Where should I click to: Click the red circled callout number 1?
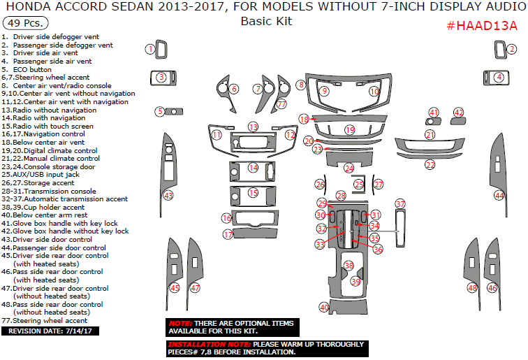(149, 49)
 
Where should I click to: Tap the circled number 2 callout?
(512, 49)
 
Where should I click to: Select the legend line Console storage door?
(59, 166)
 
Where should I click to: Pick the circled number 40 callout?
(324, 307)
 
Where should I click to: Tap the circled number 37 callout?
(400, 203)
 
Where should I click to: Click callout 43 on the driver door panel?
(168, 195)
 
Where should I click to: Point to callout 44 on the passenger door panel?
(499, 196)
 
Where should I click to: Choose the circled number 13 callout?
(253, 127)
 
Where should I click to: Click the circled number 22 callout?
(430, 165)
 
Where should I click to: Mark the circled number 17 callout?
(228, 235)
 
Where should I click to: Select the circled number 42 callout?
(459, 113)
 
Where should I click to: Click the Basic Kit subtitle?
(266, 21)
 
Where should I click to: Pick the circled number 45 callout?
(175, 288)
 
